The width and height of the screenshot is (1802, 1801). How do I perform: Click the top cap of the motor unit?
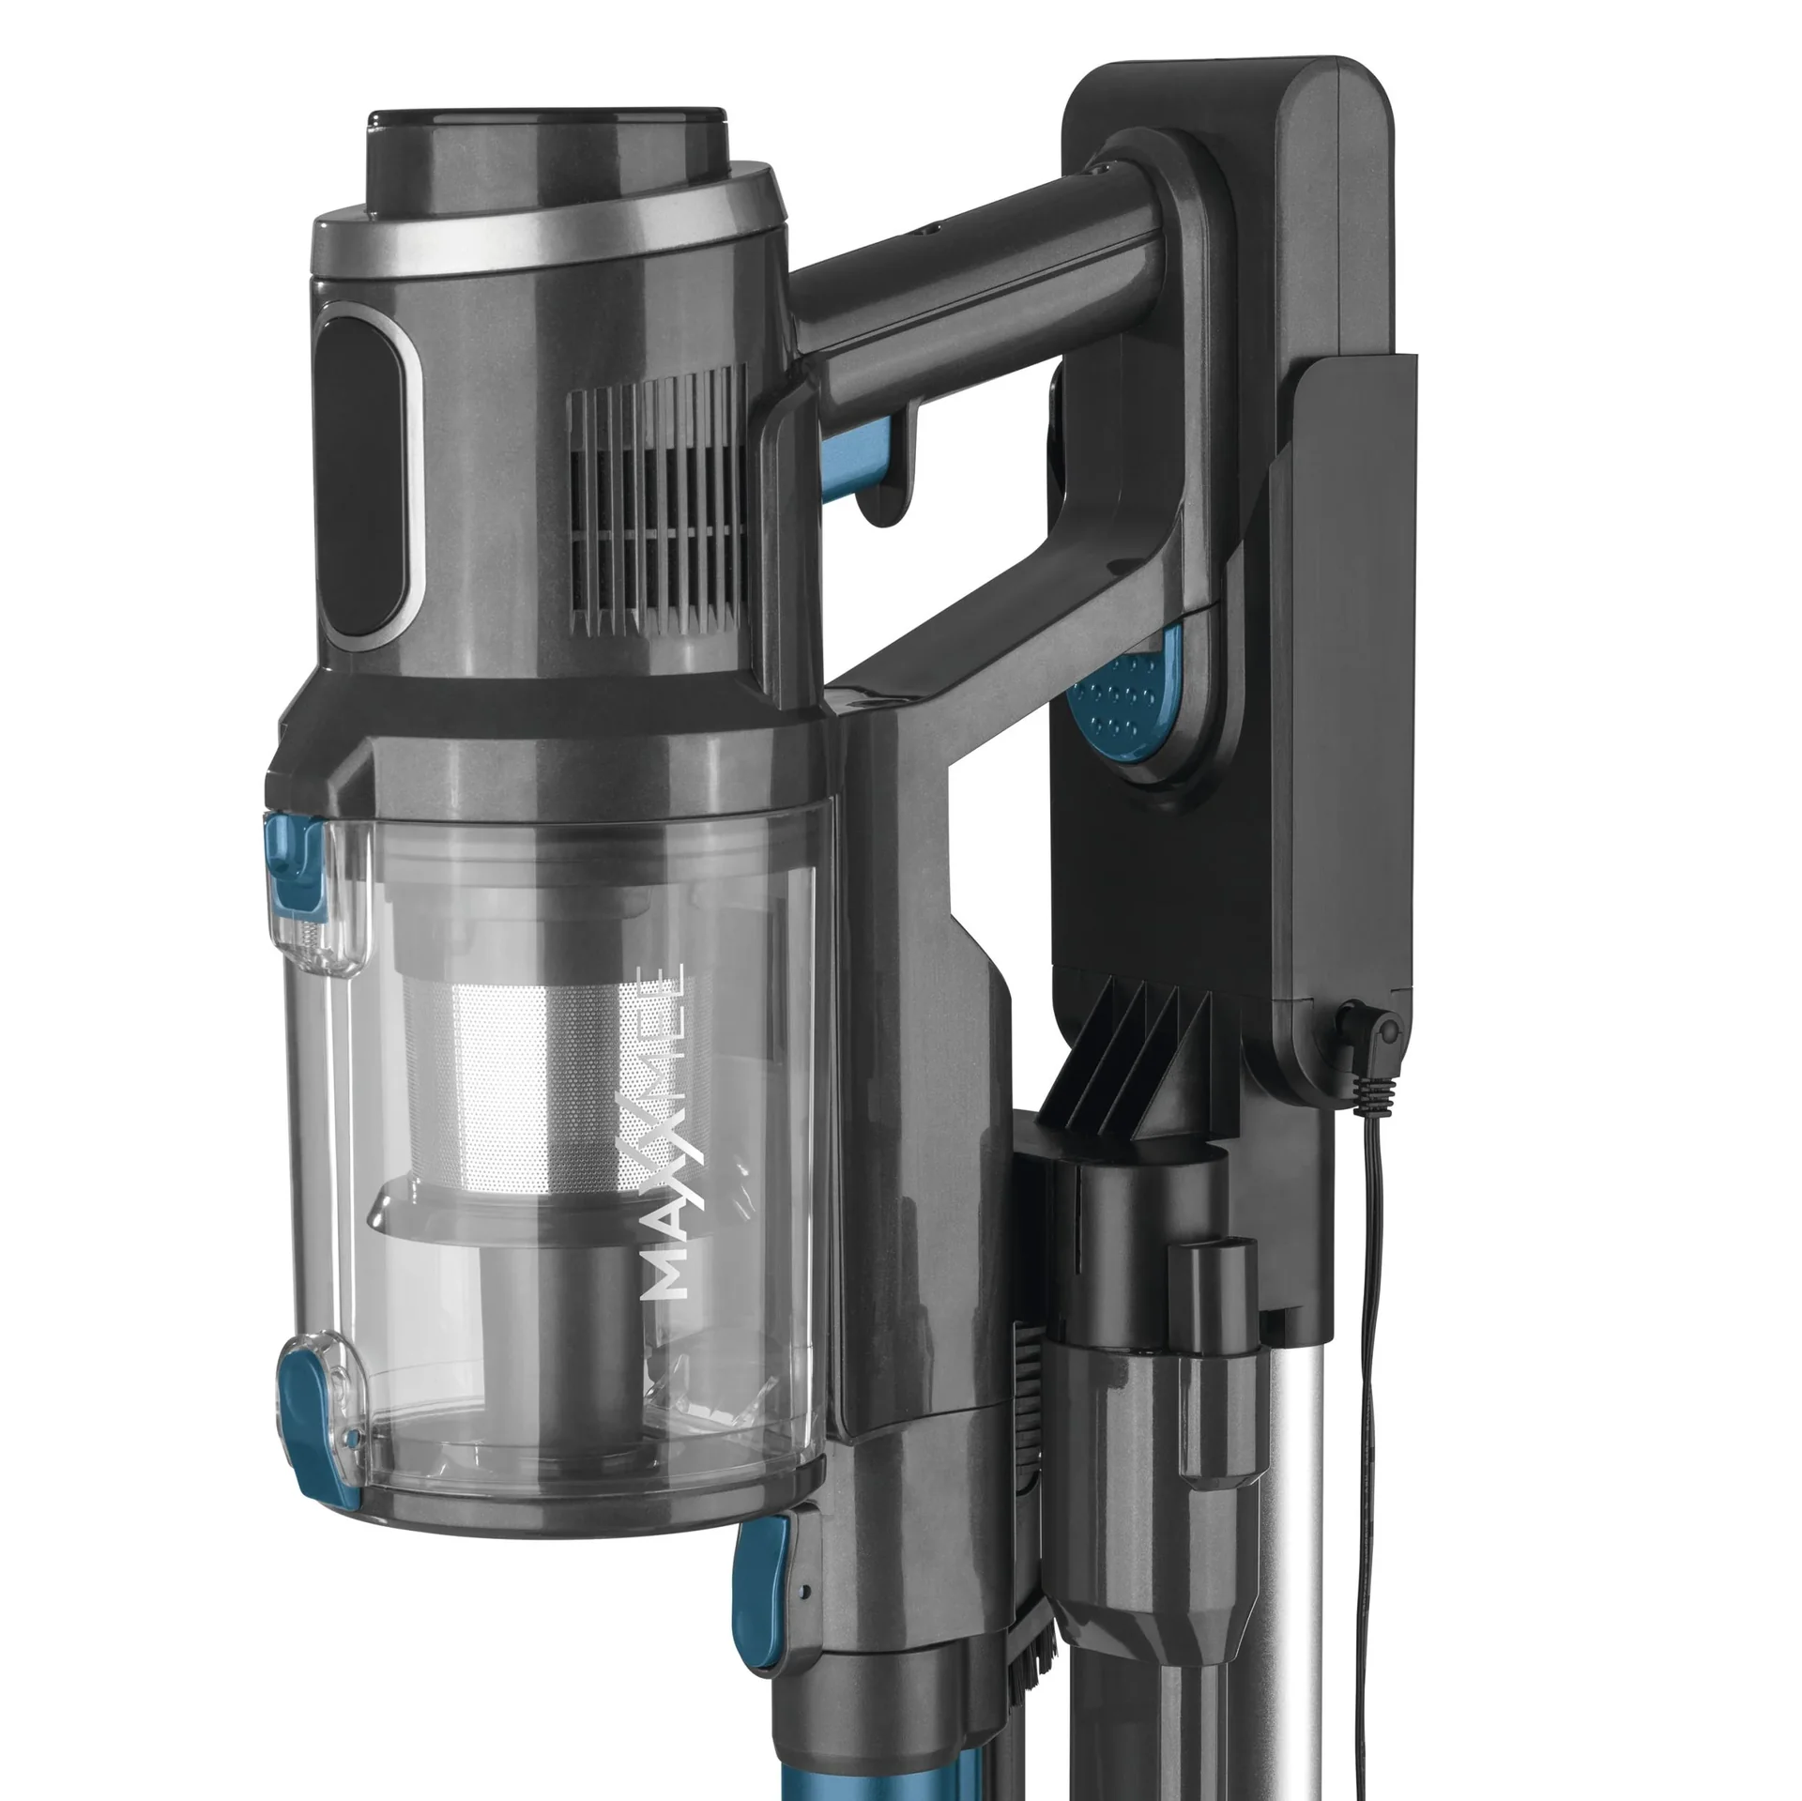click(x=544, y=150)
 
